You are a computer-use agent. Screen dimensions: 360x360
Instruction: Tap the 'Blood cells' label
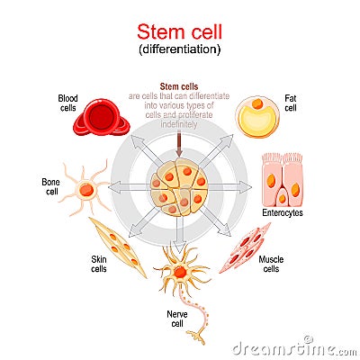(x=68, y=103)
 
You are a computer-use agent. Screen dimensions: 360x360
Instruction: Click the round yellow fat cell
(x=259, y=117)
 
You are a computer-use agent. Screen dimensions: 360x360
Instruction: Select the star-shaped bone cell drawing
(x=85, y=189)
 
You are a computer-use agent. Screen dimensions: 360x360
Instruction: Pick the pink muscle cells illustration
(x=245, y=247)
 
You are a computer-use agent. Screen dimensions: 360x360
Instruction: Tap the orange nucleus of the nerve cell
(x=180, y=271)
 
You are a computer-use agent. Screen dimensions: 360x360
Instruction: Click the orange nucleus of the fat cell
(x=256, y=104)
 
